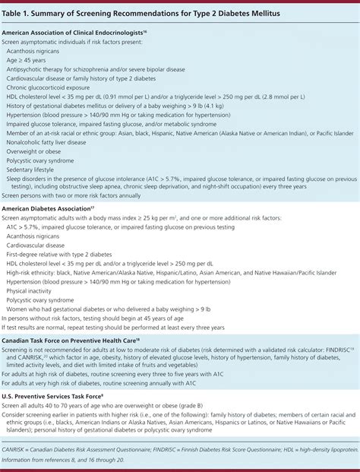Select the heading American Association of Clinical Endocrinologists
[x=72, y=33]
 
